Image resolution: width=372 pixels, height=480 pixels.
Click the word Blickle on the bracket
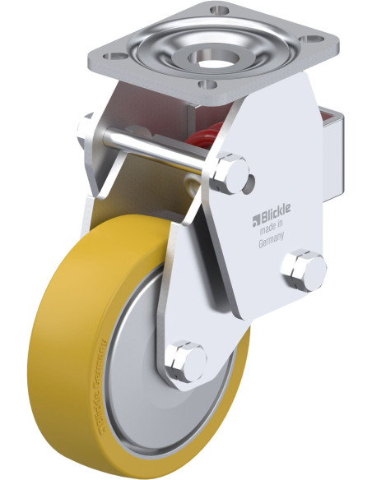[275, 219]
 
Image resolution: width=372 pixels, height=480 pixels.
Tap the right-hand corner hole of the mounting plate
[314, 39]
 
